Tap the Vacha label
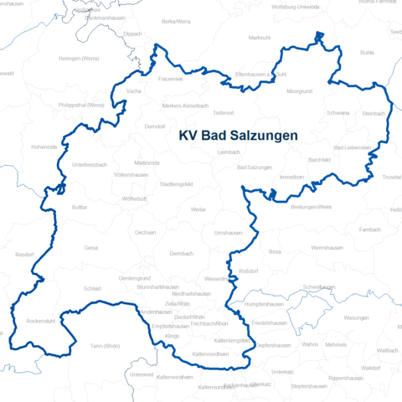[x=133, y=90]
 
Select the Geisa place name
[x=91, y=248]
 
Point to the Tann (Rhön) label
[x=106, y=346]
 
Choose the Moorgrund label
[x=299, y=90]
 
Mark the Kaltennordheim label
[x=211, y=354]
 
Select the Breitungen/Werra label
[x=312, y=206]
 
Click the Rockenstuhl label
[x=41, y=321]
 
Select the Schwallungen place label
[x=319, y=286]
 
